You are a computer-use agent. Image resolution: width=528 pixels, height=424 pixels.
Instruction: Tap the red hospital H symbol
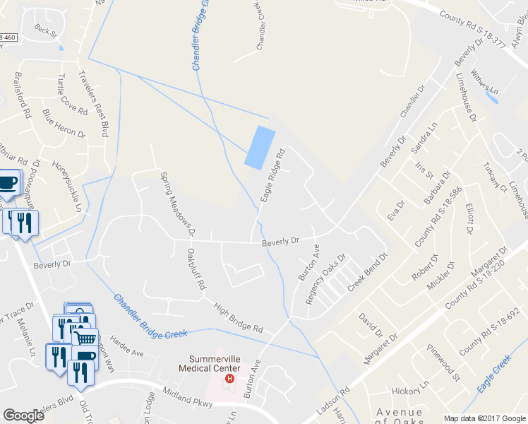pyautogui.click(x=229, y=379)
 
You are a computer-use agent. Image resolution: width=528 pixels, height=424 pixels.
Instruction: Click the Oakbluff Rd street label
pyautogui.click(x=196, y=269)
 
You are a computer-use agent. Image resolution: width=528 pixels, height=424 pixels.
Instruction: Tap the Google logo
pyautogui.click(x=24, y=416)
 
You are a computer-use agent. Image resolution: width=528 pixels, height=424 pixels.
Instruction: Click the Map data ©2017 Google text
pyautogui.click(x=484, y=418)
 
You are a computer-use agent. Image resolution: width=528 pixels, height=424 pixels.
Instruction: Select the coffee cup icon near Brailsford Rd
pyautogui.click(x=8, y=183)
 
